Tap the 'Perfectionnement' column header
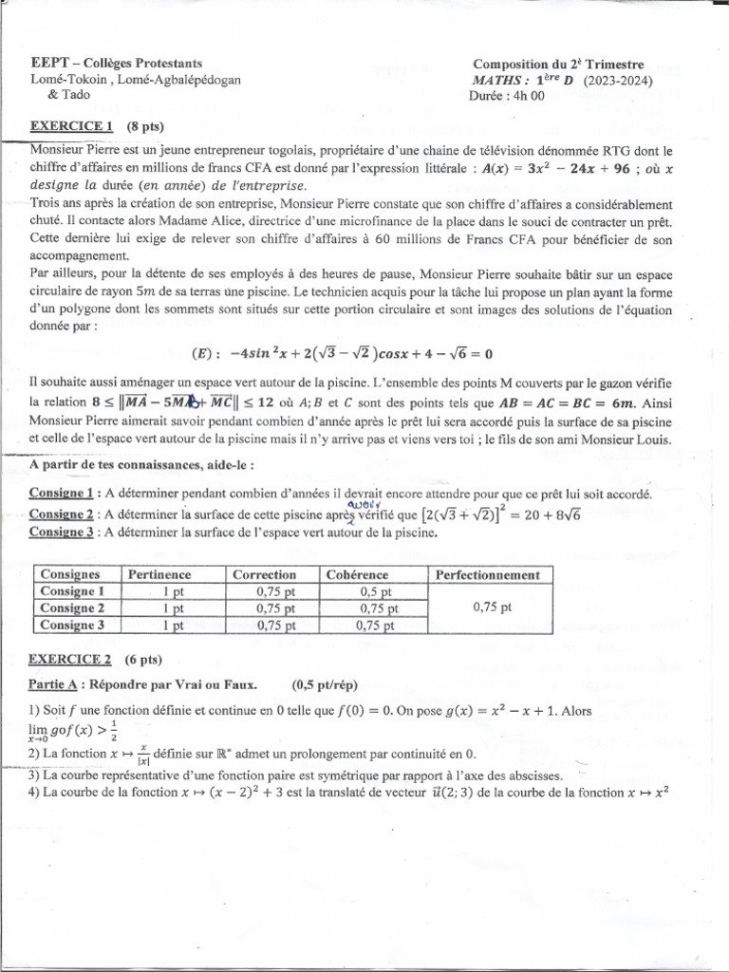coord(487,574)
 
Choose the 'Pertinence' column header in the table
coord(159,574)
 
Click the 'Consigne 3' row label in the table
coord(72,624)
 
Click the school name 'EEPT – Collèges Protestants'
coord(116,63)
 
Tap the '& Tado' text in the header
coord(66,96)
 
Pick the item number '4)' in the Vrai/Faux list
coord(33,793)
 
